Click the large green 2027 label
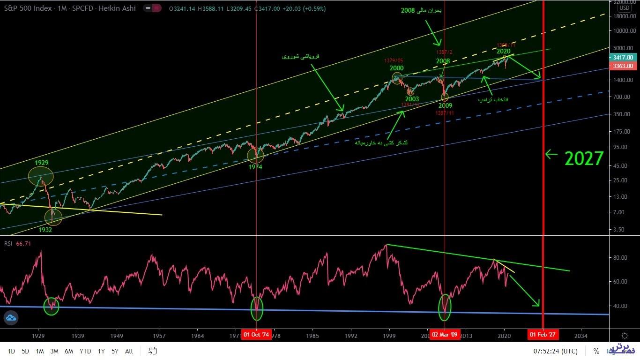[584, 159]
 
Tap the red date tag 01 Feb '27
[543, 335]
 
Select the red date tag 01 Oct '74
[256, 335]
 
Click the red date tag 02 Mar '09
[444, 335]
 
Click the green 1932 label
[45, 230]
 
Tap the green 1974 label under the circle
[256, 167]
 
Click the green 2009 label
[445, 106]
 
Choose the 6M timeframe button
[69, 351]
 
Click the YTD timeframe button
[85, 351]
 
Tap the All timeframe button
[129, 351]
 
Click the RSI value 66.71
[23, 243]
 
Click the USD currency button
[624, 8]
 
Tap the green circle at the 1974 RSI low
[256, 308]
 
